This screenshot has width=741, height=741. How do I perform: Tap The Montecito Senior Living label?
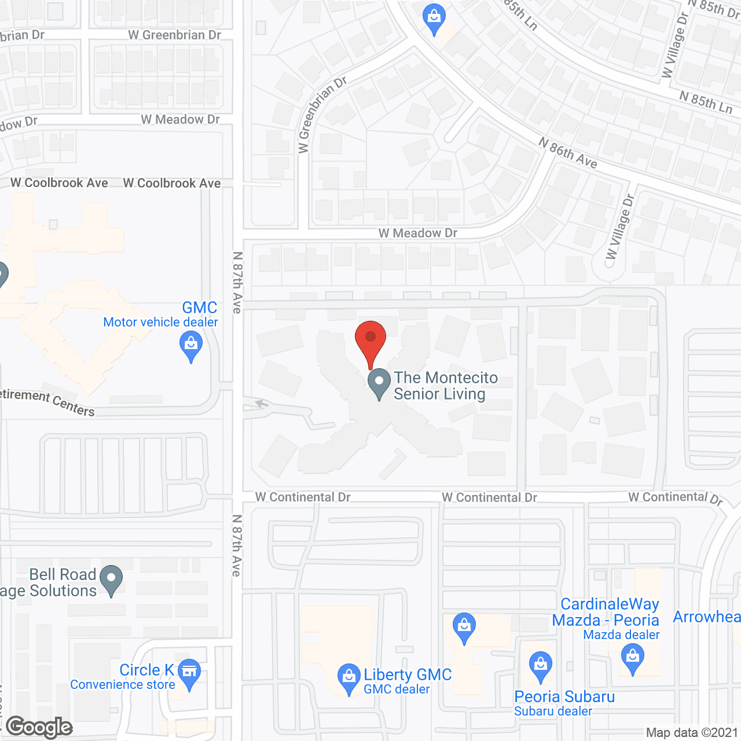pos(446,386)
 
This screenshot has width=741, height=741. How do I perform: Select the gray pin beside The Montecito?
pos(379,383)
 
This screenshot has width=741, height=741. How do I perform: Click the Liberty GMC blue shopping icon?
pos(349,677)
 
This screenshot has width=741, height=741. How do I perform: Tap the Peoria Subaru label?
pos(564,696)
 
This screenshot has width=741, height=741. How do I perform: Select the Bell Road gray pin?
pos(111,579)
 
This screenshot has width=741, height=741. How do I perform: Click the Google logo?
pos(39,727)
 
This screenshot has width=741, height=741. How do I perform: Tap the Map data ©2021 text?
pos(692,733)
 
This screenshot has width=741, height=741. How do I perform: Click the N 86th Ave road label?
pos(568,153)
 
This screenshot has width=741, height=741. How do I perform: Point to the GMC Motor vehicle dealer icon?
pos(191,347)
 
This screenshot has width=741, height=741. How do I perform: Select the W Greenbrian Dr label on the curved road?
pos(322,114)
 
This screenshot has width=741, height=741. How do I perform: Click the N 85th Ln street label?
pos(706,102)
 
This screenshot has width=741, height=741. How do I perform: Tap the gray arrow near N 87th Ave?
pos(262,403)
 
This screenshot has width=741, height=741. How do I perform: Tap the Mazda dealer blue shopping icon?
pos(633,658)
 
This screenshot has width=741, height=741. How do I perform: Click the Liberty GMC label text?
pos(408,674)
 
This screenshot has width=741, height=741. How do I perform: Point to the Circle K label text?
pos(146,670)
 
